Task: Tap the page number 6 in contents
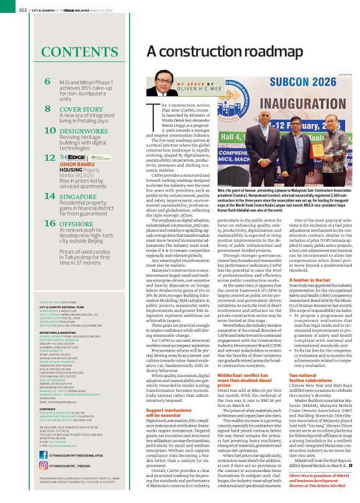48,81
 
